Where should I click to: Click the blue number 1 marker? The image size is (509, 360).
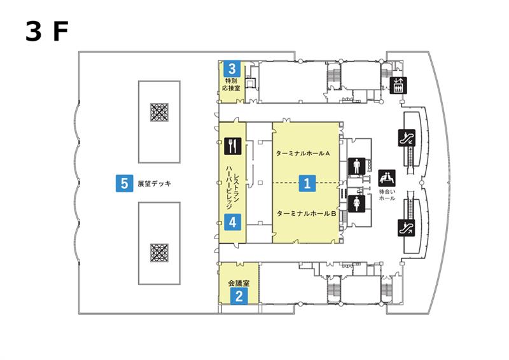307,183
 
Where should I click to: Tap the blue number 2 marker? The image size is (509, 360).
239,296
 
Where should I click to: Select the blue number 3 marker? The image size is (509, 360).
232,69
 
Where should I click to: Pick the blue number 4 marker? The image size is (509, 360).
232,223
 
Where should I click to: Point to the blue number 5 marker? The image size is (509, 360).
124,183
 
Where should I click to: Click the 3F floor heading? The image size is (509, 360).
46,31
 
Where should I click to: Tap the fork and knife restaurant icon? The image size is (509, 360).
233,146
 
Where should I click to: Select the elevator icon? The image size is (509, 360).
398,85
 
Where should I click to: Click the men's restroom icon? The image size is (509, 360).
357,166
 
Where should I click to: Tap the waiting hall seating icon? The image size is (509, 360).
387,178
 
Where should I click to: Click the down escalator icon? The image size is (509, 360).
407,137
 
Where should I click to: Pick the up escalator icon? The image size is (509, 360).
407,228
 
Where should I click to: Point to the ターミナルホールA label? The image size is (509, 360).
303,153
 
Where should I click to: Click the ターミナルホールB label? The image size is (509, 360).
306,214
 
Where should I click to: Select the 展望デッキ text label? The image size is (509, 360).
154,183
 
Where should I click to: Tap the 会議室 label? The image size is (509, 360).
239,283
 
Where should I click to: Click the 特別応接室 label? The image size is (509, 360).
231,85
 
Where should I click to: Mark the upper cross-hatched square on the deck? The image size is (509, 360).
160,113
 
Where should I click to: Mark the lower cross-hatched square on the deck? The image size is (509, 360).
160,253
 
